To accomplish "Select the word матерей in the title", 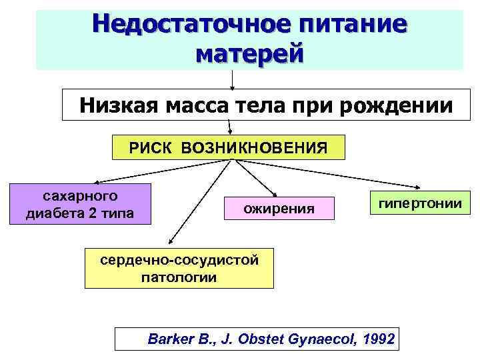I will [x=249, y=53].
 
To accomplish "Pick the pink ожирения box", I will [x=279, y=209].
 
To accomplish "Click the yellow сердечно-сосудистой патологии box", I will [x=179, y=269].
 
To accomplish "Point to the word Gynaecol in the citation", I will [x=321, y=340].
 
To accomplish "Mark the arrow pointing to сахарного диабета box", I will [x=153, y=171].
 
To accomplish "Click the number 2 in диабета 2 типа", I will [x=100, y=213].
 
